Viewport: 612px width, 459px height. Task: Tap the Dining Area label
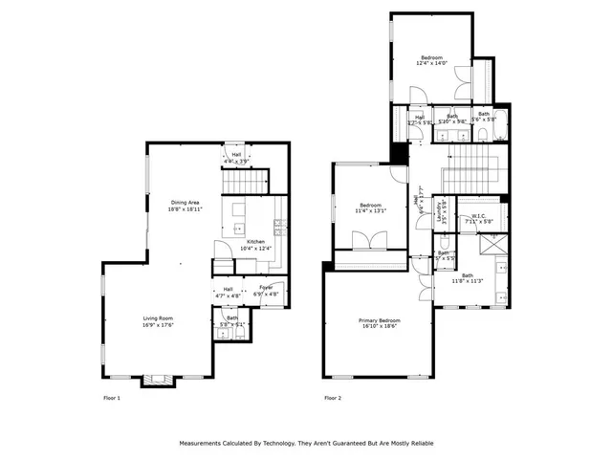(185, 202)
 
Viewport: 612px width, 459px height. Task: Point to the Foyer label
(266, 288)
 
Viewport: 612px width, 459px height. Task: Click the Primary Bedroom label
(380, 319)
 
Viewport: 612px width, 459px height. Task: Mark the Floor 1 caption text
(112, 397)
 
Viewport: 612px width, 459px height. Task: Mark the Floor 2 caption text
(333, 397)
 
